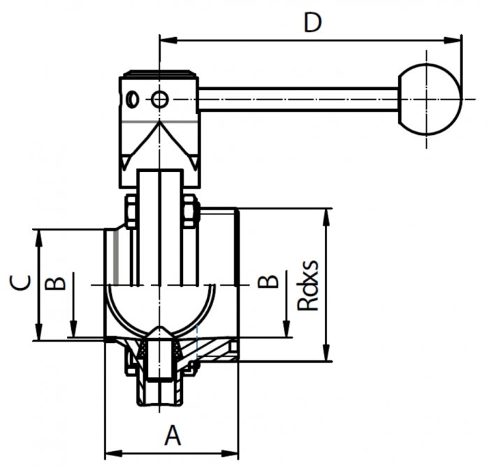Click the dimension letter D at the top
(312, 22)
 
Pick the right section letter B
(268, 282)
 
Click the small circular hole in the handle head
(160, 100)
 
